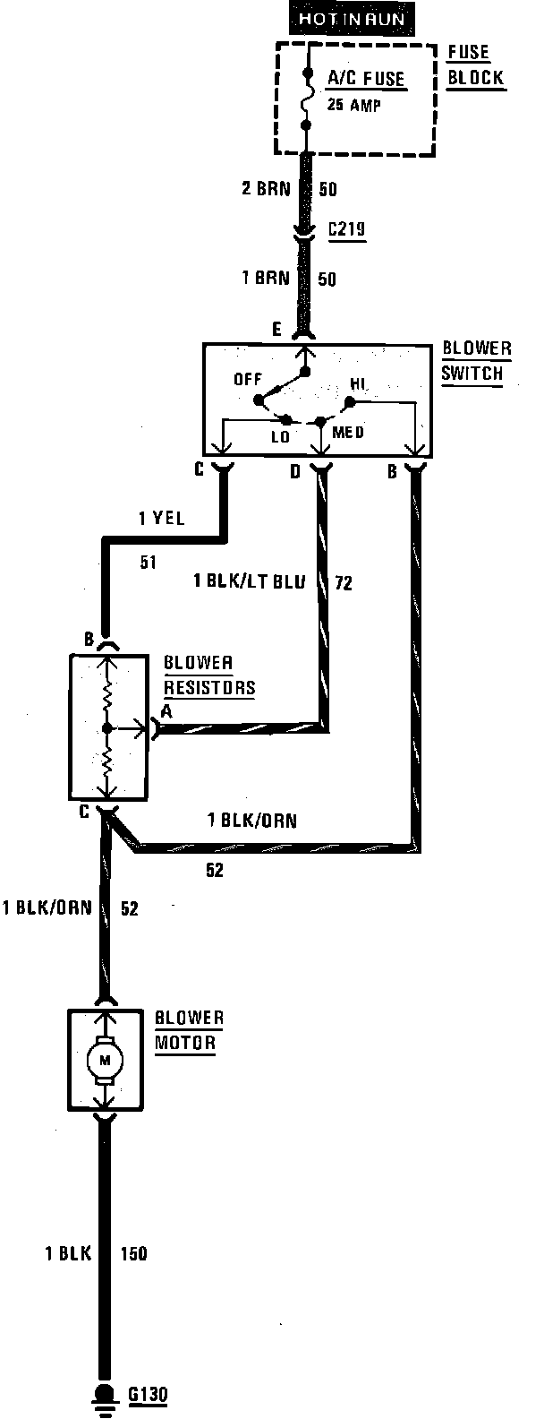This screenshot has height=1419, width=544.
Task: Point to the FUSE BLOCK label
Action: (x=474, y=65)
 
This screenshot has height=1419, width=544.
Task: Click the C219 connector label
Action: (x=344, y=231)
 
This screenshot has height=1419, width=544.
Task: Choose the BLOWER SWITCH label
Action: (x=475, y=360)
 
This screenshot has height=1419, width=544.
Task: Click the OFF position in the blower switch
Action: (x=248, y=379)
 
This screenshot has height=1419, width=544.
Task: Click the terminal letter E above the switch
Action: (x=277, y=331)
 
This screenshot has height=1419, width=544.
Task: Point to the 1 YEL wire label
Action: (x=163, y=517)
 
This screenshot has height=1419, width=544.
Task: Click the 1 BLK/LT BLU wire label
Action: (x=249, y=582)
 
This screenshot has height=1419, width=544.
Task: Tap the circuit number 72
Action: (x=343, y=584)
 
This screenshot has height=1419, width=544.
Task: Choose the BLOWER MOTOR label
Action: (x=188, y=1030)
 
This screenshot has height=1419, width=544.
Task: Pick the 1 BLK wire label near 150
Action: (x=68, y=1253)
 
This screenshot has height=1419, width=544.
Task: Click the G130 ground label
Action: (x=148, y=1395)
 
